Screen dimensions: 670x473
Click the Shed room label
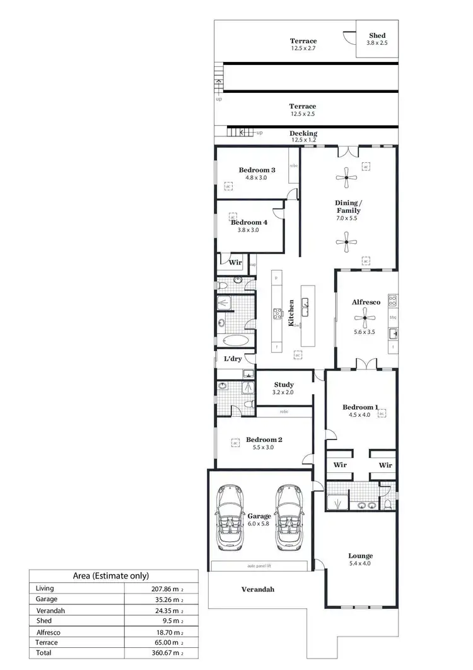click(x=377, y=36)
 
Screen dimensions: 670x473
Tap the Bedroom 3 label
click(x=257, y=170)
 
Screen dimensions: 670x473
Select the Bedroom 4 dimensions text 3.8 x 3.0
click(x=248, y=230)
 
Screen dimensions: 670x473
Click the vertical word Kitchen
click(x=291, y=313)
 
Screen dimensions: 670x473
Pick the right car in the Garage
click(x=289, y=517)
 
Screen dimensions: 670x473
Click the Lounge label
click(x=360, y=556)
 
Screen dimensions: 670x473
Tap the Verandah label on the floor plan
click(x=258, y=589)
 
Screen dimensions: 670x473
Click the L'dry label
click(x=233, y=359)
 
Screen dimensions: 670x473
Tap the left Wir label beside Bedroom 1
click(x=341, y=465)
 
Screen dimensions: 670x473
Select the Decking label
click(x=303, y=133)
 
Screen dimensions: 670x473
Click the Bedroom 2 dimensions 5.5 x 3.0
click(x=264, y=447)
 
